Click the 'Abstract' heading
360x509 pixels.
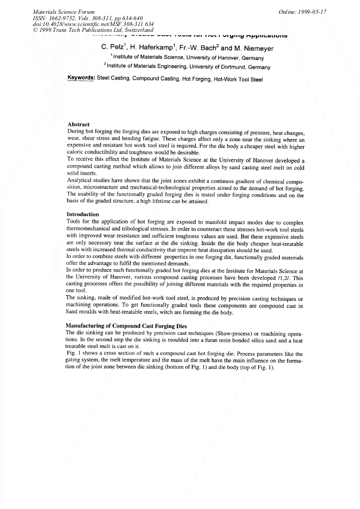coord(79,124)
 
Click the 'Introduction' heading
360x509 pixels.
coord(83,214)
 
